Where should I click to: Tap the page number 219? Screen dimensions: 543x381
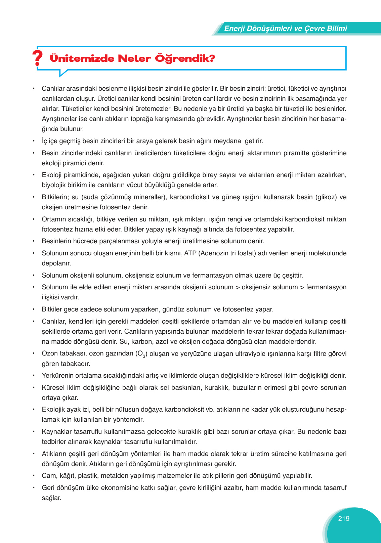pyautogui.click(x=344, y=518)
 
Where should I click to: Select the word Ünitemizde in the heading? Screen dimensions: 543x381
pyautogui.click(x=82, y=58)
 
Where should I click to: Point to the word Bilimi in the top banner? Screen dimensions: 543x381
pyautogui.click(x=335, y=29)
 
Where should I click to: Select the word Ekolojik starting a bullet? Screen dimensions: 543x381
pyautogui.click(x=53, y=410)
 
